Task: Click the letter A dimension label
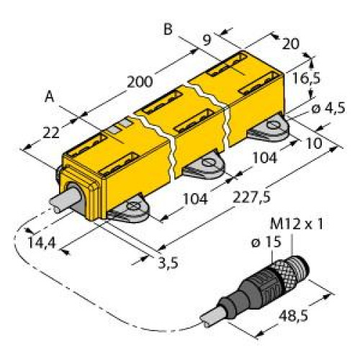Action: point(50,95)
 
